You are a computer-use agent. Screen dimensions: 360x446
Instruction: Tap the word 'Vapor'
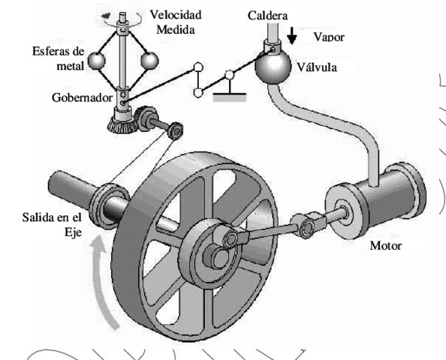click(328, 37)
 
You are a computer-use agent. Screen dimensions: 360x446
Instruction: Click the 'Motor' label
click(386, 245)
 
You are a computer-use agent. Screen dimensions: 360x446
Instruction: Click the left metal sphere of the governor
click(97, 61)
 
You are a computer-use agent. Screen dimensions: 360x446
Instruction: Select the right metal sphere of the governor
click(151, 60)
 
